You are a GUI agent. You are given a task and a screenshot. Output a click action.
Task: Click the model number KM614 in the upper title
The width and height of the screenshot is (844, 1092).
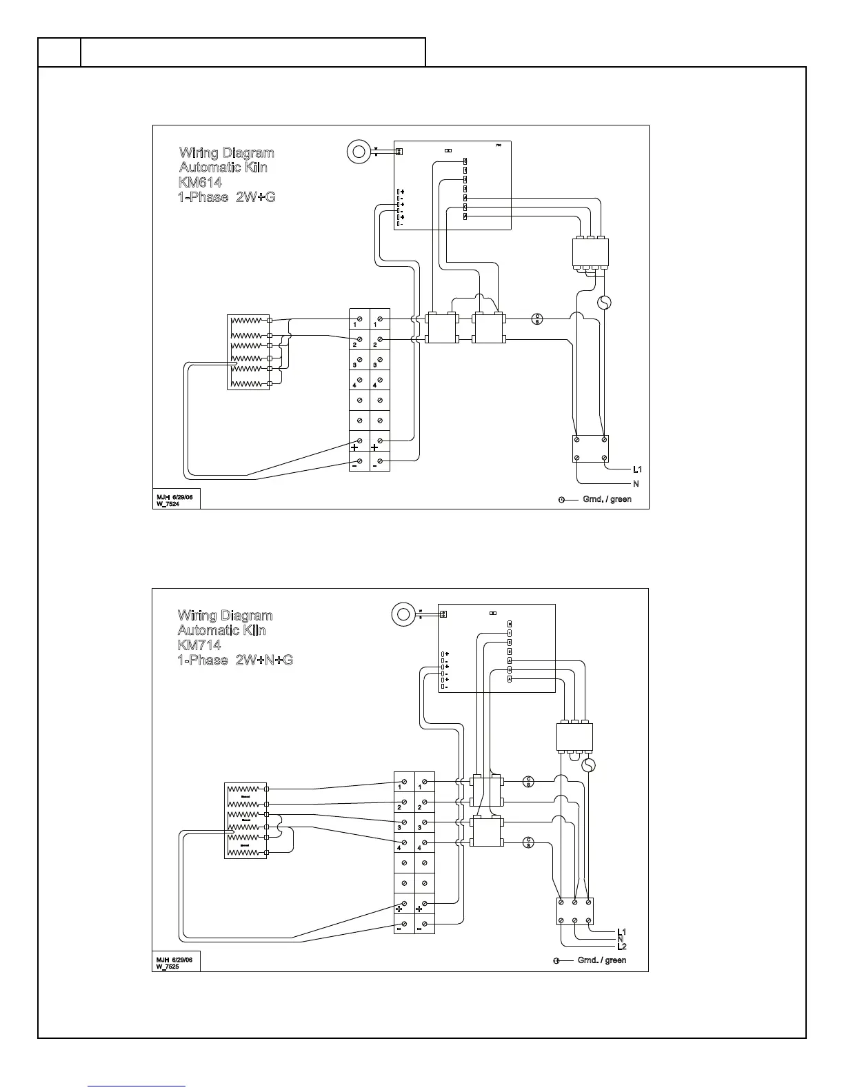(x=200, y=183)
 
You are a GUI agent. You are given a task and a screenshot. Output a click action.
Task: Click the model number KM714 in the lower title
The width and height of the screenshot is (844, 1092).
(x=199, y=645)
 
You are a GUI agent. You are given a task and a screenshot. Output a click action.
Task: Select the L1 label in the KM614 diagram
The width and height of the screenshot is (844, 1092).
(x=637, y=469)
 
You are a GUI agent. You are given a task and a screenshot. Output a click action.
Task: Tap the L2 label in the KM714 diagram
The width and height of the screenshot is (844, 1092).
(x=622, y=947)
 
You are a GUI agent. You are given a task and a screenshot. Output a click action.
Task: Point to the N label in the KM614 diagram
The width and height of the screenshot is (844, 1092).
(x=636, y=484)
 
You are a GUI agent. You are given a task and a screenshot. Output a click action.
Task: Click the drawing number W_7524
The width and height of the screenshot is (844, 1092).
(x=168, y=504)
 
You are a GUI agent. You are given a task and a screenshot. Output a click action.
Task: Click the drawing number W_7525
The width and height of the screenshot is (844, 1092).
(x=168, y=967)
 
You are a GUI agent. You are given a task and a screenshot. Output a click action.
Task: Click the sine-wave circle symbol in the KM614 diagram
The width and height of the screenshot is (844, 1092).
(x=604, y=302)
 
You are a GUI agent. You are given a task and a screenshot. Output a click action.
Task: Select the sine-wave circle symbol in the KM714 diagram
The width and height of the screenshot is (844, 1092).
(x=589, y=765)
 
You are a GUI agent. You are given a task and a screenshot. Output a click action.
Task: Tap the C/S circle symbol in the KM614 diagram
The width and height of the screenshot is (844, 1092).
(x=538, y=319)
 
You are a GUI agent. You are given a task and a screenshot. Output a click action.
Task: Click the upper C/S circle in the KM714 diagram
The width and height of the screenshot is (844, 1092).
(x=529, y=781)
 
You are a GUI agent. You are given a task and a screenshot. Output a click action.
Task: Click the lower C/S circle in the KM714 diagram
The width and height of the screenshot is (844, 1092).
(x=529, y=842)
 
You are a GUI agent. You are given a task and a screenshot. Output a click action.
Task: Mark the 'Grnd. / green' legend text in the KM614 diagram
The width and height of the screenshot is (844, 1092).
(x=607, y=499)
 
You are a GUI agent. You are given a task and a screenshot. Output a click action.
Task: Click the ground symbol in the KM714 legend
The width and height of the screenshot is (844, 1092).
(x=556, y=961)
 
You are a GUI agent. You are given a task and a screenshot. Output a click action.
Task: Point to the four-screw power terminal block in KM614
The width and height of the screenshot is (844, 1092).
(x=591, y=448)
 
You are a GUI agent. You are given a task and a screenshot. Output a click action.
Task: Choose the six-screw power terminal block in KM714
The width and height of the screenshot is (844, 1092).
(x=574, y=911)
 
